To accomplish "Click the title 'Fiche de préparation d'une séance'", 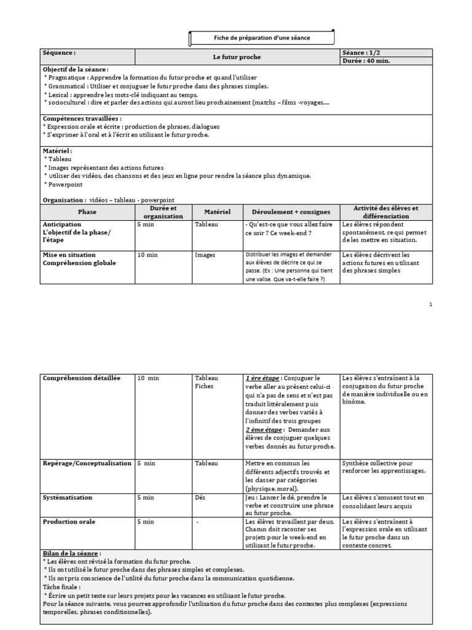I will [262, 38].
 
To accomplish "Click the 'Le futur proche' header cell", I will [237, 57].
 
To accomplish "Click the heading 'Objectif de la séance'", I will [76, 70].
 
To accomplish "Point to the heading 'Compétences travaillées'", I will [82, 118].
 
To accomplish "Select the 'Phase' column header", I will [87, 212].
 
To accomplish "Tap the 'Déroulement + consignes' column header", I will [291, 212].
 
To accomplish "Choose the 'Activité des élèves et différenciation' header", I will [386, 212].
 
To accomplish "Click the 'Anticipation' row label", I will [62, 225].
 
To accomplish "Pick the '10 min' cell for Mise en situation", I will [148, 255].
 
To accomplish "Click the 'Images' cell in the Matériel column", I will [205, 255].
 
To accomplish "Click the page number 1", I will [431, 304].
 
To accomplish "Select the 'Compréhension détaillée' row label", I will [82, 378].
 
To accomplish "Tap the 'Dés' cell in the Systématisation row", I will [200, 497].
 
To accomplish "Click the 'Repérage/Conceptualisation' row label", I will [87, 463].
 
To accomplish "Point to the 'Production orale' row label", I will [69, 522].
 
